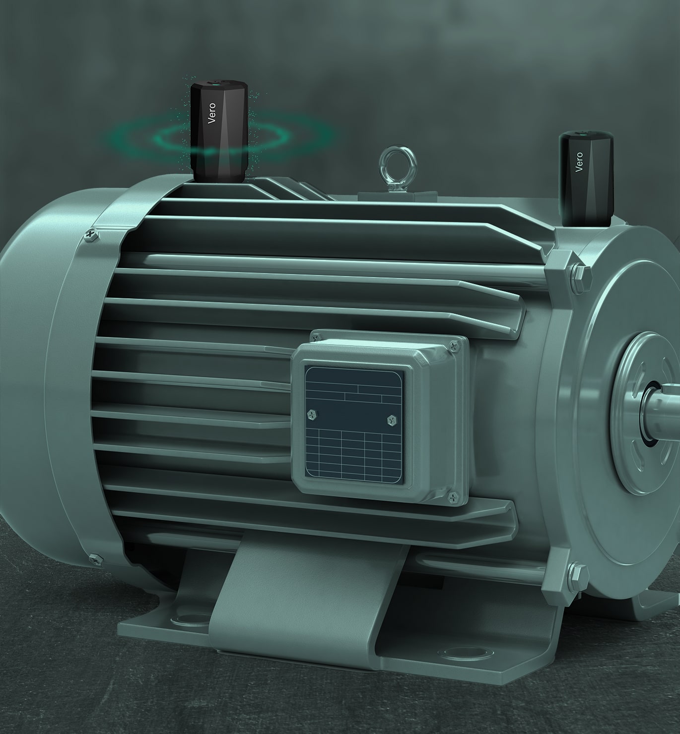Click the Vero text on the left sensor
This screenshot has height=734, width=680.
point(212,113)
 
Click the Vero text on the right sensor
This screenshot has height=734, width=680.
point(579,162)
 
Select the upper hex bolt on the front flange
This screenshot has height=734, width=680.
point(579,272)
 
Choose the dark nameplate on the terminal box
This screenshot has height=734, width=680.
point(353,427)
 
